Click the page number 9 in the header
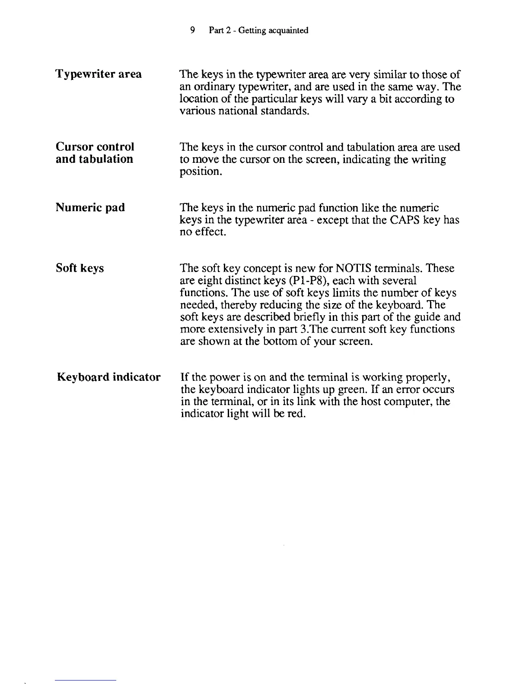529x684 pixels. pyautogui.click(x=193, y=30)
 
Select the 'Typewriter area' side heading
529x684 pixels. pyautogui.click(x=99, y=74)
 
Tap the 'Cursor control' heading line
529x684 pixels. pyautogui.click(x=95, y=147)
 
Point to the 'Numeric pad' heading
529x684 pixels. pyautogui.click(x=90, y=208)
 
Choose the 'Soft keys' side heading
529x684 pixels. pyautogui.click(x=80, y=268)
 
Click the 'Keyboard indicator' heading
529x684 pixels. pyautogui.click(x=108, y=377)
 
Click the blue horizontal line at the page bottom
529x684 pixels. pyautogui.click(x=86, y=680)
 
